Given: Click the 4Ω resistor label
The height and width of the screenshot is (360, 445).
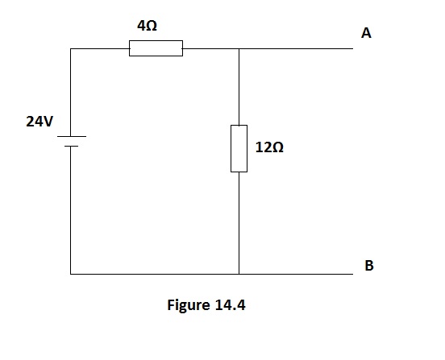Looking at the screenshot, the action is coord(147,26).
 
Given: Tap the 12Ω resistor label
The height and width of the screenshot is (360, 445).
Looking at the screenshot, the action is coord(269,147).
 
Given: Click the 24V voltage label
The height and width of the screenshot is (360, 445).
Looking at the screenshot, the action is coord(40,122).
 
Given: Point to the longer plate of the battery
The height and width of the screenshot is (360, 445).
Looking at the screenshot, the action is coord(72,136).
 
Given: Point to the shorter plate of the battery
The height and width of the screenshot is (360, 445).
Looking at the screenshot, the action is coord(71,147).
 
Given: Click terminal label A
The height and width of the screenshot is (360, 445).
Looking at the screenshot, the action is coord(366,33).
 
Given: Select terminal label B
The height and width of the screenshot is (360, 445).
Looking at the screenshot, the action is coord(369,266).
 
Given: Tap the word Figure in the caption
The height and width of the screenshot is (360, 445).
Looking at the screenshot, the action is coord(189,305).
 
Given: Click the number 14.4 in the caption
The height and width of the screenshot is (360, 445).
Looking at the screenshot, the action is coord(231,305).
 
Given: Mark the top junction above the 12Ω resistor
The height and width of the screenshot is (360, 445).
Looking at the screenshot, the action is coord(239,48).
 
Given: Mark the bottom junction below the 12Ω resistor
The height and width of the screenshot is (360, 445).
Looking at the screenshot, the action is coord(239,274).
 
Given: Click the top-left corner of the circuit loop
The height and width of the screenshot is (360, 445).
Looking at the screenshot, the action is coord(71,48).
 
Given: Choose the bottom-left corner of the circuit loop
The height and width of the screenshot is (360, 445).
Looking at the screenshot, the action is coord(71,274).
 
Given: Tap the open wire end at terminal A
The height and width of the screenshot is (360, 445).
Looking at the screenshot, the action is coord(353,48).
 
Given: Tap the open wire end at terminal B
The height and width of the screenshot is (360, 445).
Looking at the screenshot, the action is coord(353,274).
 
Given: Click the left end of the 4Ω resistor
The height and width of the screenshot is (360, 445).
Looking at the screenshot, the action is coord(130,48).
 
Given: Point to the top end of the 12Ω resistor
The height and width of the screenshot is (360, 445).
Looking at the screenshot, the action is coord(239,126).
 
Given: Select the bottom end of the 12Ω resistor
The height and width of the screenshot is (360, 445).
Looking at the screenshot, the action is coord(239,172).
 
